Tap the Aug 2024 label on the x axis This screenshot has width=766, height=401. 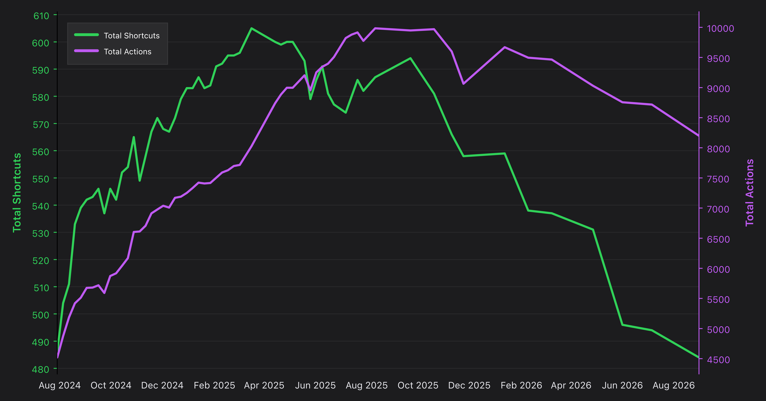coord(60,386)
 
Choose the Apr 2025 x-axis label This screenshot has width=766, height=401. coord(264,386)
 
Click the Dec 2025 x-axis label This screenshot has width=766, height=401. coord(469,386)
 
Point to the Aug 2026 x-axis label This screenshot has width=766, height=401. coord(674,386)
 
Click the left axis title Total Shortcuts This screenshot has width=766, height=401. coord(17,192)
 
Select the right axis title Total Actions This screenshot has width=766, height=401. coord(750,192)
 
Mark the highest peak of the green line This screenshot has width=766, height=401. coord(251,28)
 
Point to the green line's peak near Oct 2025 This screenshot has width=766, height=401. coord(410,58)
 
